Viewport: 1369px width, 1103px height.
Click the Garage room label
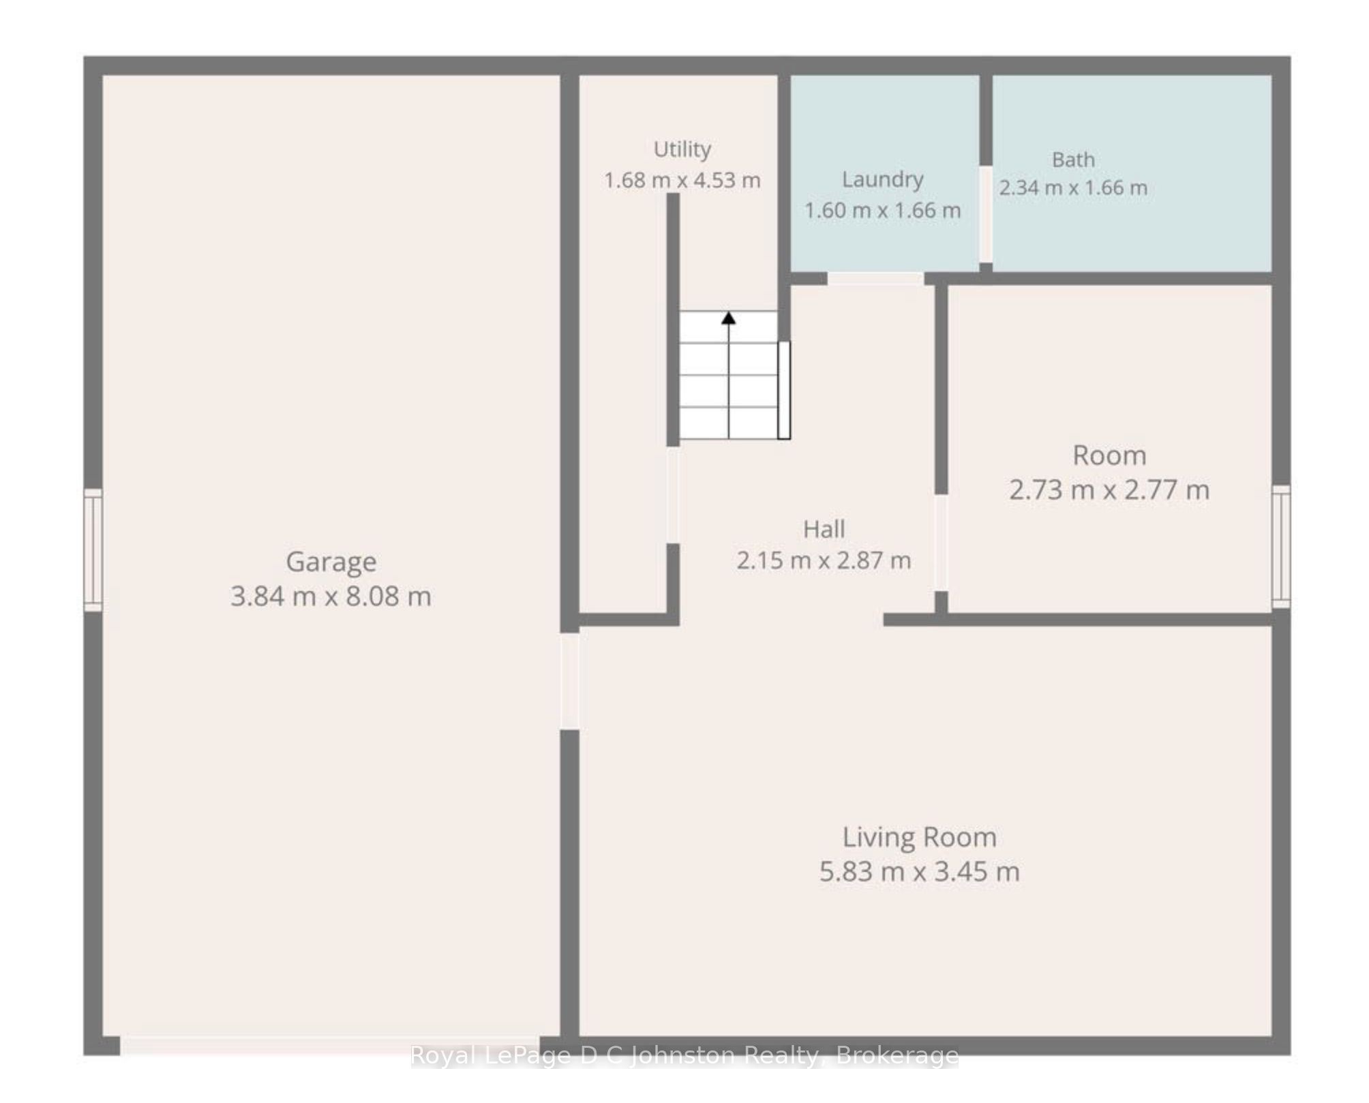click(331, 562)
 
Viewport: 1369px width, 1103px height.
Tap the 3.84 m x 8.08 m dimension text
click(331, 596)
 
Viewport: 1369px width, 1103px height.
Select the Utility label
click(682, 149)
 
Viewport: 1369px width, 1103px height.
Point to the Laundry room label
click(883, 180)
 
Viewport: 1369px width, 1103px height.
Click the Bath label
click(1073, 160)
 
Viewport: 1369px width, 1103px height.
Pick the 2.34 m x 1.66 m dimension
click(1073, 187)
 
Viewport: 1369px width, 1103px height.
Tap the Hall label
click(824, 529)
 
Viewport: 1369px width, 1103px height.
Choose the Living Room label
click(920, 837)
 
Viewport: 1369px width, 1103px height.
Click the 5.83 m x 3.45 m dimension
click(920, 872)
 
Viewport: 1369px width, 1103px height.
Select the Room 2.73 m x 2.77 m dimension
click(1109, 490)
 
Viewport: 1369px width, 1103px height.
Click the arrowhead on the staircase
click(729, 318)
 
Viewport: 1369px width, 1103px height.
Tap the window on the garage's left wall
click(93, 550)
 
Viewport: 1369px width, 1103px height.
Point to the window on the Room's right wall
click(1281, 546)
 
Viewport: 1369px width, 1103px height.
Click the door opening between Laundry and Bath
click(986, 214)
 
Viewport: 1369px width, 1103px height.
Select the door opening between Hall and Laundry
click(875, 279)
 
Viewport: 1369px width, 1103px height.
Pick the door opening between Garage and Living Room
click(570, 681)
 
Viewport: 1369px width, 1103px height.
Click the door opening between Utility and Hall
click(673, 495)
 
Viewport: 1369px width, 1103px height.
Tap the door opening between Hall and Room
click(941, 543)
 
